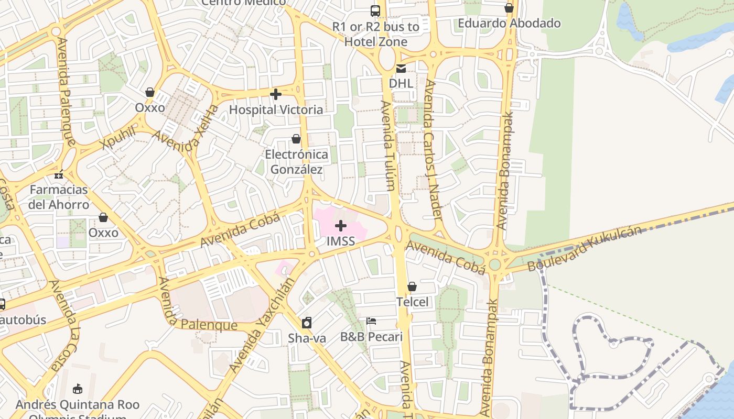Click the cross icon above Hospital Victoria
[x=276, y=94]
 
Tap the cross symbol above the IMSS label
[x=341, y=226]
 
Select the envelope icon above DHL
[x=401, y=68]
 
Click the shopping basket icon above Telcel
[x=412, y=286]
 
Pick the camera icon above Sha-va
[x=307, y=323]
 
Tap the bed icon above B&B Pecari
[x=371, y=321]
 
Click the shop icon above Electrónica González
[x=296, y=139]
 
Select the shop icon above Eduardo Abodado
[x=509, y=8]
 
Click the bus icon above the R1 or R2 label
[x=375, y=10]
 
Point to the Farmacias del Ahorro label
[x=59, y=196]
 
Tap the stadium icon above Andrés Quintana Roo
[x=78, y=389]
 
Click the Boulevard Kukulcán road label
[x=584, y=248]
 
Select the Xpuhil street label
[x=119, y=138]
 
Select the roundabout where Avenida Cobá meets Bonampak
[x=494, y=264]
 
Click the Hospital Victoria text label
[x=276, y=109]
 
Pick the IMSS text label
[x=341, y=241]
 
